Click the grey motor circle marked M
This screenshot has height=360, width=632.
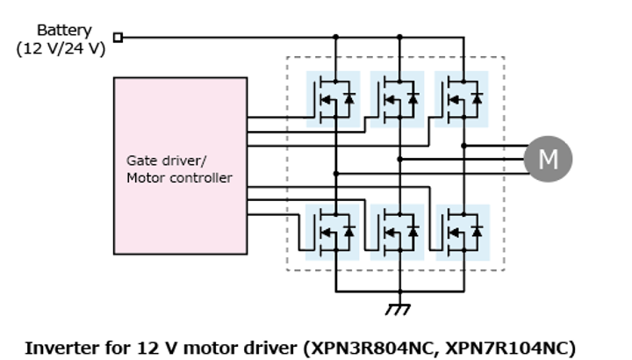tap(548, 159)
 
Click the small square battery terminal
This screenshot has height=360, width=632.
tap(118, 38)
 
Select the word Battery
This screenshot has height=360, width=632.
tap(63, 30)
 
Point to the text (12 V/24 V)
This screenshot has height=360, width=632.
tap(61, 48)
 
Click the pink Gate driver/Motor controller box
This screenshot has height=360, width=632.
tap(180, 165)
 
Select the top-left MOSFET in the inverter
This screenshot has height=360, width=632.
tap(333, 99)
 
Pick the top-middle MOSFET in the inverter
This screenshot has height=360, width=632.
tap(398, 99)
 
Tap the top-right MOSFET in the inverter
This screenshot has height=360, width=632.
tap(462, 99)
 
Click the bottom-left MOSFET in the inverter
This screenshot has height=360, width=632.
tap(333, 232)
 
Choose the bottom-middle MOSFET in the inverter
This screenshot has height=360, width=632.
tap(398, 232)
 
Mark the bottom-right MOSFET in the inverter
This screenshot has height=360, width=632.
tap(462, 232)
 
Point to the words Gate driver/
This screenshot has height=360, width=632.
tap(162, 161)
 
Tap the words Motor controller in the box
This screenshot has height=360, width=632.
tap(179, 177)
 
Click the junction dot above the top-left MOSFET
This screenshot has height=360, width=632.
tap(334, 38)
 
